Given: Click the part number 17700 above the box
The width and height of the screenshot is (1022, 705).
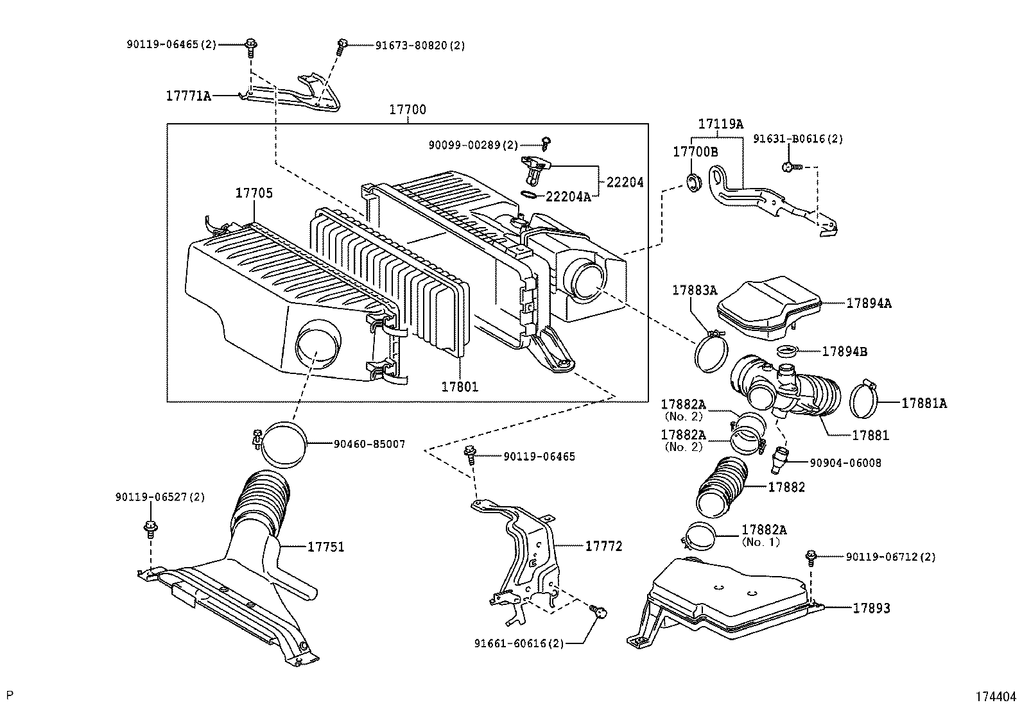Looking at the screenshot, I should [x=407, y=110].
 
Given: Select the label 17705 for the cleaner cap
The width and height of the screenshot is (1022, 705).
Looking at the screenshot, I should [x=254, y=192].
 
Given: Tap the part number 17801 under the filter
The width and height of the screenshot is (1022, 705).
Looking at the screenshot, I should [x=460, y=387].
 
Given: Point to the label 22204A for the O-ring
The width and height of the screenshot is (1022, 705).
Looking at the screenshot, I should [x=567, y=197].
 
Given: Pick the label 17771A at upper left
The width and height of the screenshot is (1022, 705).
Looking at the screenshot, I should [x=188, y=96].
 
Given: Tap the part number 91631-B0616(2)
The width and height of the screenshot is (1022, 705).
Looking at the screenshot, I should [x=798, y=139].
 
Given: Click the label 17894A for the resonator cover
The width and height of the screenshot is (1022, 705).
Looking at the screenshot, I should [x=869, y=303].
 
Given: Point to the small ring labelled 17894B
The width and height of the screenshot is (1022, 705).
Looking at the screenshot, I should [x=786, y=351].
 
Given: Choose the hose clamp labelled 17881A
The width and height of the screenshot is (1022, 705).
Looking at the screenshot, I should [x=865, y=399].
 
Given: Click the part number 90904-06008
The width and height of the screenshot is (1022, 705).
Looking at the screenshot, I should [x=845, y=463].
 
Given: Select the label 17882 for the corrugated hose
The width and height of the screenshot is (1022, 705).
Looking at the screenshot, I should [x=786, y=488].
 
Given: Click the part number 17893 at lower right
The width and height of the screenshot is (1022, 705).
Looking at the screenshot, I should [x=871, y=607].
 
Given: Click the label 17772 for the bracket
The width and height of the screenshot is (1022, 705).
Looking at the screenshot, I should [x=603, y=546].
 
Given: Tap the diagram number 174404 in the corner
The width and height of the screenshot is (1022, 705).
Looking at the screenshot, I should [x=996, y=695].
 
